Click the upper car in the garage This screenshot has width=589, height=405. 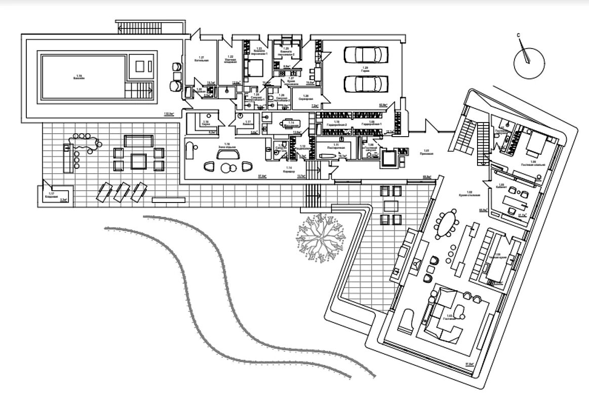[366, 54]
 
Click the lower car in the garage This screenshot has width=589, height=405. [366, 82]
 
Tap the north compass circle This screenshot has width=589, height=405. [529, 61]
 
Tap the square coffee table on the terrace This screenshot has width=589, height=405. [138, 160]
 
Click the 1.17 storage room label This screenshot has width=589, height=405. [51, 195]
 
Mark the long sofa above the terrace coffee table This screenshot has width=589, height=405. [138, 140]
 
